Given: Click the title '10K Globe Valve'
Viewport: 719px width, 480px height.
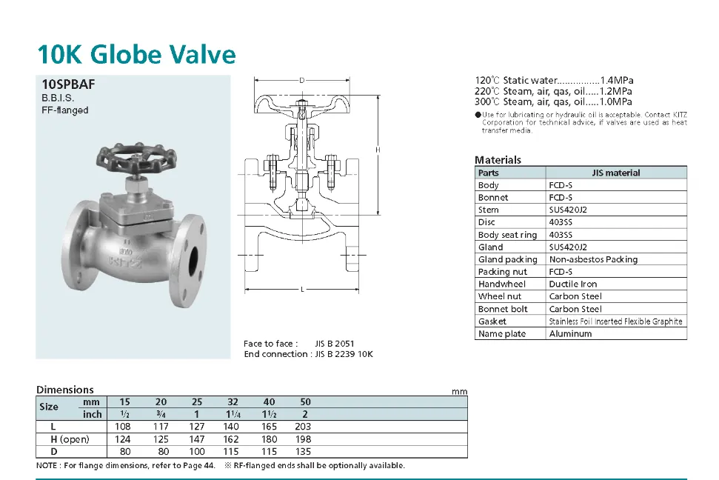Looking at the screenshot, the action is coord(137,55).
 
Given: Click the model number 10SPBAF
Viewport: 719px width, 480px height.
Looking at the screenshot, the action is coord(68,84).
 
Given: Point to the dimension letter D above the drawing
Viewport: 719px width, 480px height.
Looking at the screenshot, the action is coord(301,81).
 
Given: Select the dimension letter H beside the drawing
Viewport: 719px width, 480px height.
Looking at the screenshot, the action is coord(378,150).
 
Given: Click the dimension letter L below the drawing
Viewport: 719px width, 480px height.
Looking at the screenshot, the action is coord(302,290).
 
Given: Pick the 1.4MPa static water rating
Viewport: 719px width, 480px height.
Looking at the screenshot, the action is coord(617,80).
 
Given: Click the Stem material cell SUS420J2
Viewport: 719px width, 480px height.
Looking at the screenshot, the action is coord(568,210).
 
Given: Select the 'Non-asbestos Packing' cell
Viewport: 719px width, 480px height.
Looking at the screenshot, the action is coord(593,259).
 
